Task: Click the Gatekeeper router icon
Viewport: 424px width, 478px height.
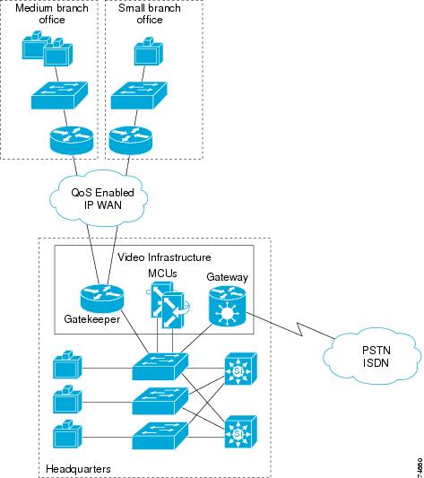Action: click(102, 299)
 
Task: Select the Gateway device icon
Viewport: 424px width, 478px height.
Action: click(228, 307)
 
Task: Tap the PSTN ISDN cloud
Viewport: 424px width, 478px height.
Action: click(373, 355)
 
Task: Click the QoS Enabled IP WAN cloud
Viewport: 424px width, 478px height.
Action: click(99, 198)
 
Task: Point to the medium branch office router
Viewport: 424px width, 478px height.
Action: click(72, 140)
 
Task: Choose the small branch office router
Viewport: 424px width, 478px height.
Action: click(130, 140)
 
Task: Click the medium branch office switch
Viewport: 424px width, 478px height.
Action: click(60, 95)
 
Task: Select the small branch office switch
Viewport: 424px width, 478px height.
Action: click(139, 95)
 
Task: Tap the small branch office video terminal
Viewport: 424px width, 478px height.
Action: click(149, 51)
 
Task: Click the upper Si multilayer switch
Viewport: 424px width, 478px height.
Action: click(241, 369)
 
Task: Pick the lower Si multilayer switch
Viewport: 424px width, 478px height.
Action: click(241, 431)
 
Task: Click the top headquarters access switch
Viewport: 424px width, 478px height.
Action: click(160, 367)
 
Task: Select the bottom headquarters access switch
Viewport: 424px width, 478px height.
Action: click(160, 436)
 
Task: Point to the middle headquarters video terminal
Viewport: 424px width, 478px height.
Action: click(67, 399)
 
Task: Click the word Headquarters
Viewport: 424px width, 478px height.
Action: click(78, 468)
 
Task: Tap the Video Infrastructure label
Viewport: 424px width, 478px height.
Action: click(164, 257)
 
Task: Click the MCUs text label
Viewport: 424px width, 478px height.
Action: click(162, 274)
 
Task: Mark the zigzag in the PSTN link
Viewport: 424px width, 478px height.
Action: click(300, 329)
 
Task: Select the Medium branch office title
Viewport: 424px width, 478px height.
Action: click(52, 13)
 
